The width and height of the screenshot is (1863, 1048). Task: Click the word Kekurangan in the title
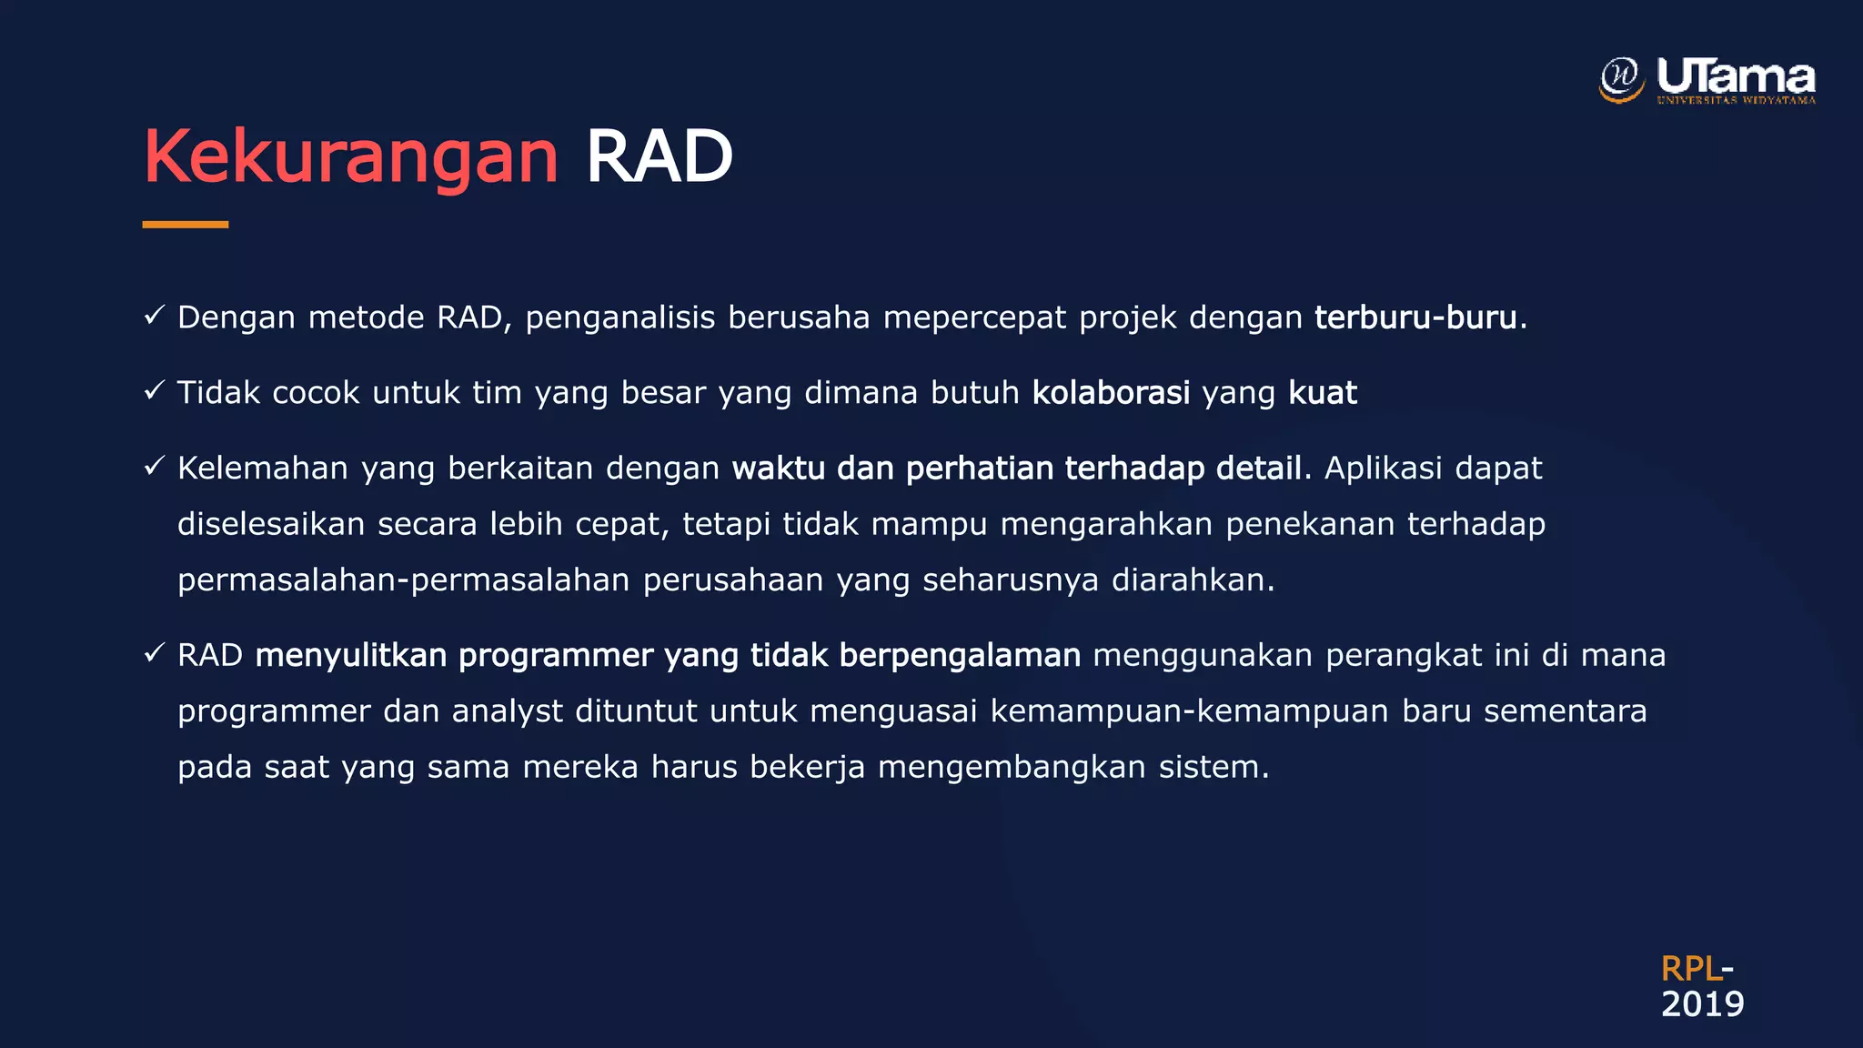point(351,156)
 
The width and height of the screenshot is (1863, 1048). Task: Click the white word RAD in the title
point(659,156)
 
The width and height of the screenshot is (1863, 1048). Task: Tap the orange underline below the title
point(186,224)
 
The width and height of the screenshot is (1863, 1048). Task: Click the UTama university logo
point(1707,80)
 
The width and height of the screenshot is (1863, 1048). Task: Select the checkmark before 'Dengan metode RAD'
point(154,316)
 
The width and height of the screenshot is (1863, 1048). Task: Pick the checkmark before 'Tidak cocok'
point(154,391)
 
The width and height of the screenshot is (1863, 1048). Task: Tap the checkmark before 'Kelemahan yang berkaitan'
point(154,467)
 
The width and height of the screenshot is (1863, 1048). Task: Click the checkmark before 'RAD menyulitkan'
point(154,653)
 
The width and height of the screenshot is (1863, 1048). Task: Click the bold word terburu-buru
point(1415,317)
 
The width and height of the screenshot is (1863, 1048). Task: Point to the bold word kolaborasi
point(1111,393)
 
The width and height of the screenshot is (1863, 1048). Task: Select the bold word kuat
point(1323,393)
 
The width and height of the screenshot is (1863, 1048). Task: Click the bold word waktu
point(778,469)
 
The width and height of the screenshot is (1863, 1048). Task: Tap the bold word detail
point(1259,469)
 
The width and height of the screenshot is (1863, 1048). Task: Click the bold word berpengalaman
point(960,655)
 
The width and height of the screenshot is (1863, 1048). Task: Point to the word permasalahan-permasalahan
point(404,580)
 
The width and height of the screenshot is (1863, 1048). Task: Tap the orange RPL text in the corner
point(1690,969)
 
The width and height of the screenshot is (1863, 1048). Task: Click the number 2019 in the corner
point(1702,1004)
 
